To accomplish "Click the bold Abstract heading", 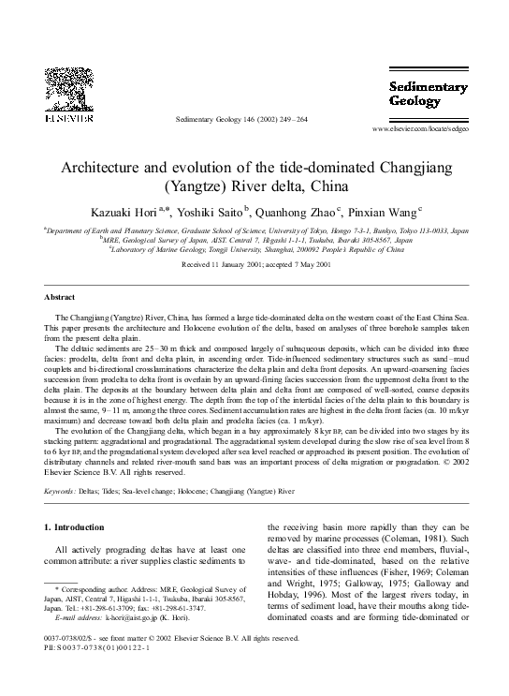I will pyautogui.click(x=59, y=297).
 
